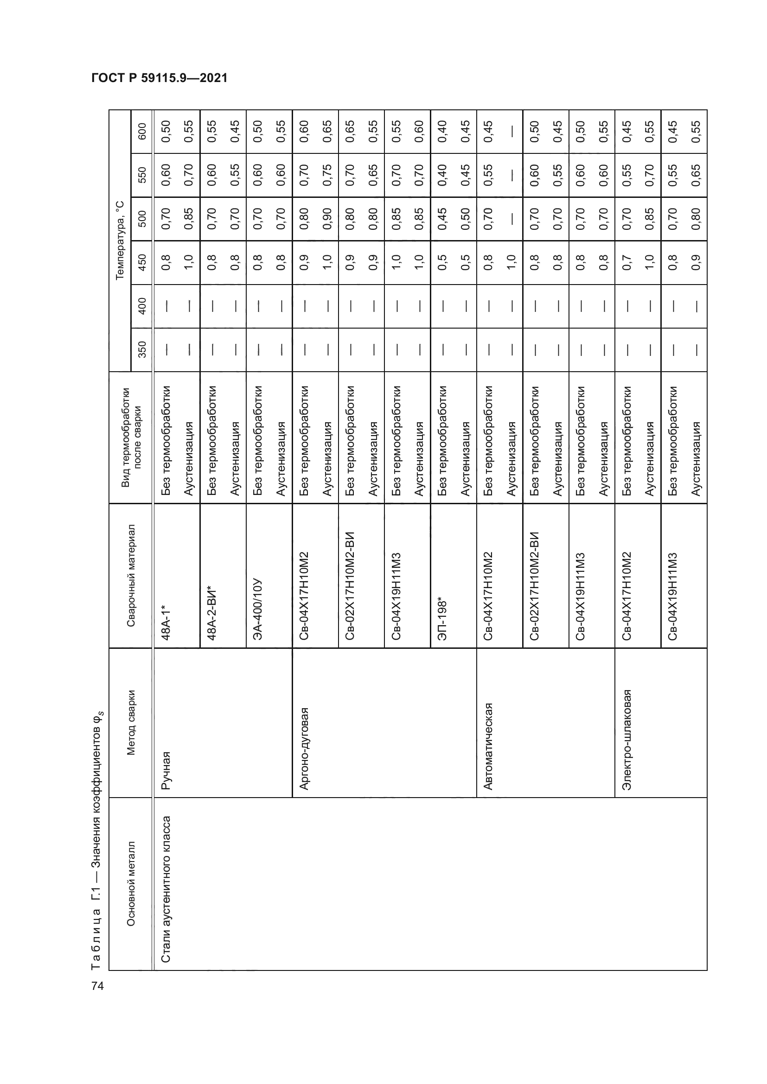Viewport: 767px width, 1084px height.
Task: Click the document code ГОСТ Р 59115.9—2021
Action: pyautogui.click(x=159, y=78)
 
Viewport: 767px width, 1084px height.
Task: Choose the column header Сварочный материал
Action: pyautogui.click(x=131, y=575)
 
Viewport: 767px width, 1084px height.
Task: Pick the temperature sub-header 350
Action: pyautogui.click(x=142, y=349)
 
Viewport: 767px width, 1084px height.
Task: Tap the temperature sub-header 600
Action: pyautogui.click(x=142, y=131)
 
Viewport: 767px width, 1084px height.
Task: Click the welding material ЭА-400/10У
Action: pyautogui.click(x=258, y=609)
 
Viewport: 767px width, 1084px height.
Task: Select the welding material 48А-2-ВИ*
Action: pyautogui.click(x=211, y=612)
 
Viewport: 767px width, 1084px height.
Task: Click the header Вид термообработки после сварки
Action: pyautogui.click(x=131, y=437)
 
